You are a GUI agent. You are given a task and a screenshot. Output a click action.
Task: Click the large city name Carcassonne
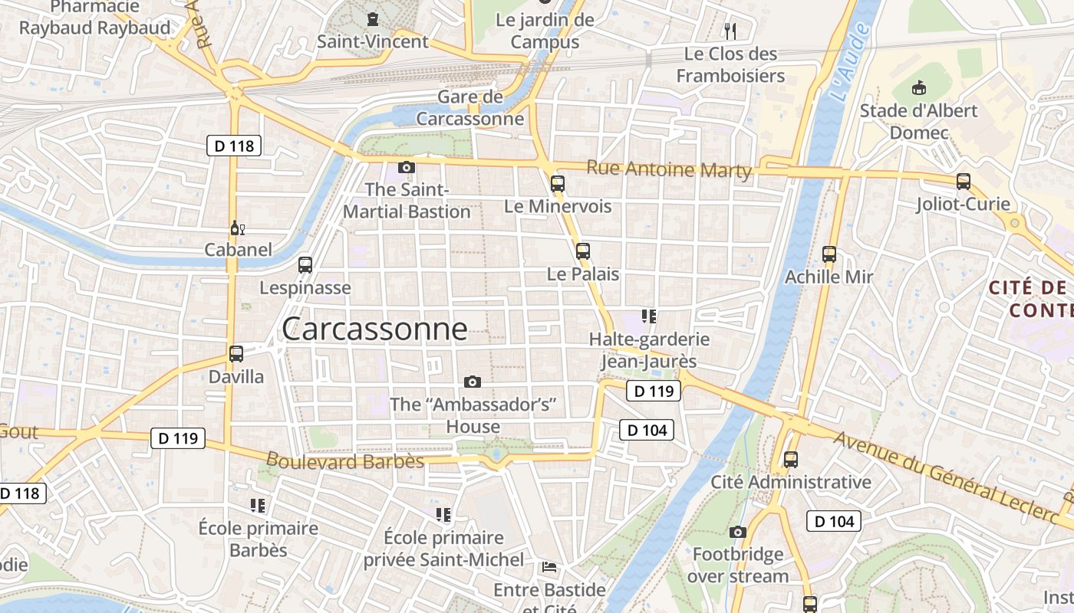point(374,329)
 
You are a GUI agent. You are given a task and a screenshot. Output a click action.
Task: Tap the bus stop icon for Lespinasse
point(305,265)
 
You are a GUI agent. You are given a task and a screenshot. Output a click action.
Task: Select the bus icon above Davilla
point(236,354)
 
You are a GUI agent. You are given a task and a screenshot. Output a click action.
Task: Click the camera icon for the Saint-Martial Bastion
point(407,167)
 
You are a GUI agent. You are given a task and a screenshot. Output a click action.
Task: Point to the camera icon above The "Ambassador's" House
point(473,382)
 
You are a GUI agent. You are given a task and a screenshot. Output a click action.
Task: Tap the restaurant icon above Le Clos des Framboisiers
point(730,31)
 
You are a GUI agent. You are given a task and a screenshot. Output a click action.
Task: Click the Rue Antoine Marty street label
point(669,169)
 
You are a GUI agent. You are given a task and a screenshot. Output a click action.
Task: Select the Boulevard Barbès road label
point(344,461)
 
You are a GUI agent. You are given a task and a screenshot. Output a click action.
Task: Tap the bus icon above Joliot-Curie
point(964,182)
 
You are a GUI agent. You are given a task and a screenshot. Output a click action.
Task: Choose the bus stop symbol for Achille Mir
point(829,254)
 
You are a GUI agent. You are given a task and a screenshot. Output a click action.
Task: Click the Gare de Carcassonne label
point(470,108)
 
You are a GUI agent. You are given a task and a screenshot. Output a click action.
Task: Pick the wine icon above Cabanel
point(238,228)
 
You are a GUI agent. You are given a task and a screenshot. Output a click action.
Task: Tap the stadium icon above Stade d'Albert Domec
point(918,88)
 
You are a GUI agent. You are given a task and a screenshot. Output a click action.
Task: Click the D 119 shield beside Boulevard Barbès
point(178,438)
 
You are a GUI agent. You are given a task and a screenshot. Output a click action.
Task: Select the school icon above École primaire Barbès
point(258,506)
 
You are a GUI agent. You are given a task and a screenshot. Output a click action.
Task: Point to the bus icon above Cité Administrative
point(790,460)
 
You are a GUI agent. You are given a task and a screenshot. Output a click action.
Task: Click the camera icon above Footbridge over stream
point(738,532)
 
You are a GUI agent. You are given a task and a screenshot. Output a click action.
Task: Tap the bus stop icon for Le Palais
point(583,251)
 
